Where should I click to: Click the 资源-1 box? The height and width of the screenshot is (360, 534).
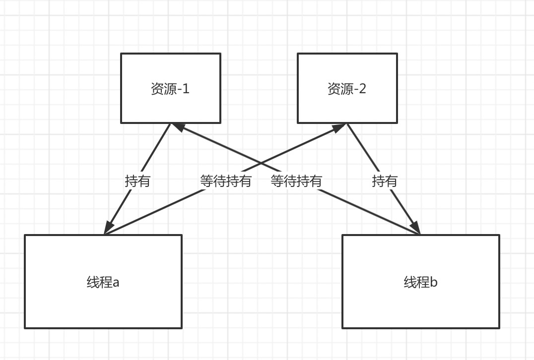[171, 88]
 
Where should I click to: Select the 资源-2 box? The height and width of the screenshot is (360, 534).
[347, 88]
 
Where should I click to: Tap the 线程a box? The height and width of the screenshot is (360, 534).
[103, 282]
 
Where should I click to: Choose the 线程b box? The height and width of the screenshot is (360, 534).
[420, 282]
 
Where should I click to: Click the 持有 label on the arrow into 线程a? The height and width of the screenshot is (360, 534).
[137, 181]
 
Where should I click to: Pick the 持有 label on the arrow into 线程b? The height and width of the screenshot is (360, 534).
[385, 181]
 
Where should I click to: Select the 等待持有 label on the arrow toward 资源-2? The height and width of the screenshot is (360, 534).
[226, 181]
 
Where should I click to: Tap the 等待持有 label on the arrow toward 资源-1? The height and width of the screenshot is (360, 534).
[296, 181]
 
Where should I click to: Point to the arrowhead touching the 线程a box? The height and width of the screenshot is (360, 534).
[108, 228]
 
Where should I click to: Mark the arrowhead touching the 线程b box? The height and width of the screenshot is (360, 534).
[416, 228]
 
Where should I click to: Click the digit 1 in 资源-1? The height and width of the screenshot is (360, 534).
[186, 89]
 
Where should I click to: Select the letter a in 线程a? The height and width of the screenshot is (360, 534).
[116, 283]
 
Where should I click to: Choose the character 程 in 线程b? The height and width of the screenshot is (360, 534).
[423, 283]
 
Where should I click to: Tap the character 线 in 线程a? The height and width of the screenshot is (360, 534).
[93, 283]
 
